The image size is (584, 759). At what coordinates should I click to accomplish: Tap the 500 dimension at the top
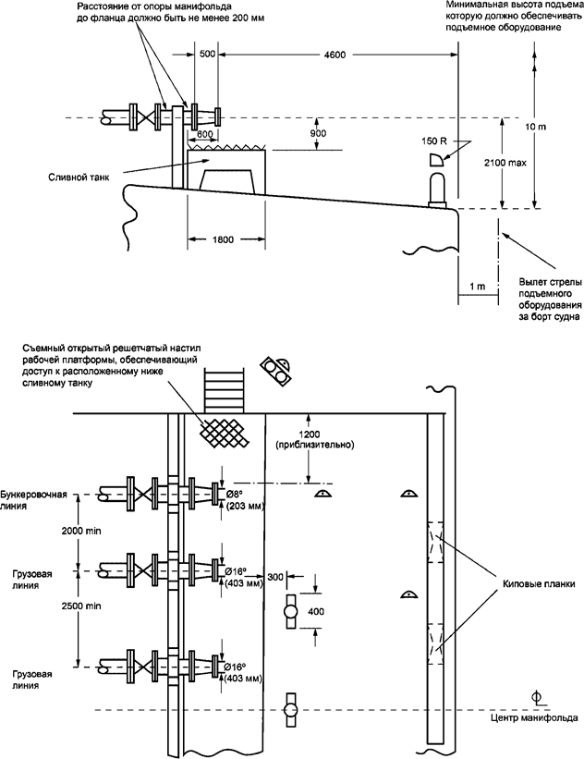208,55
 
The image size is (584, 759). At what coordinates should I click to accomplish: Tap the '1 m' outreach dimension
477,288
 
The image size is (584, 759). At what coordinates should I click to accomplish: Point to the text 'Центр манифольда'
536,717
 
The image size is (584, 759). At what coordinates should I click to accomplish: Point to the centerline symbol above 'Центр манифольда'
536,695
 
